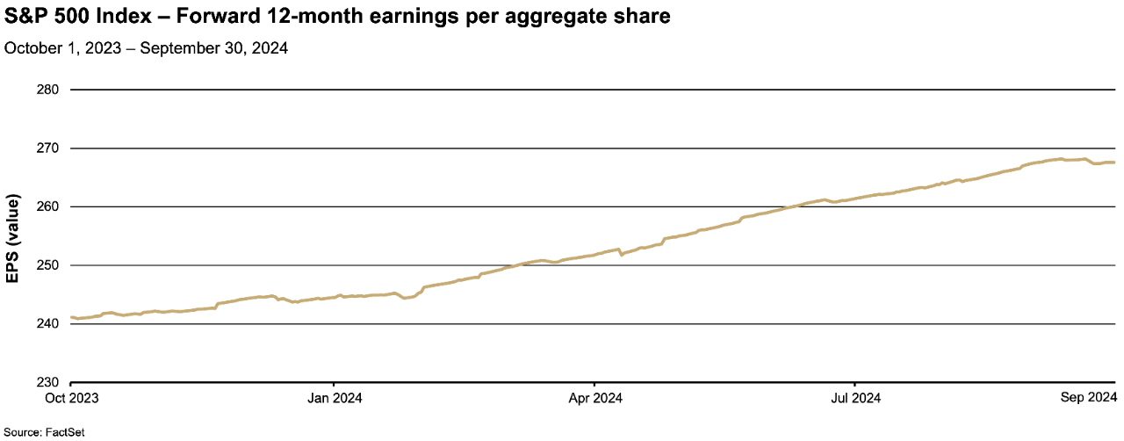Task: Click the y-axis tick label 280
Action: pos(47,90)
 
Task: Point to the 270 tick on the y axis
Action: pos(47,148)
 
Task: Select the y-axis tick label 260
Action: pos(47,206)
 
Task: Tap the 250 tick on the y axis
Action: pos(47,265)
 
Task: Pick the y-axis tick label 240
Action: pos(47,324)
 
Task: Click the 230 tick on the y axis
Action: pos(47,382)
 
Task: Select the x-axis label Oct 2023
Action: pos(72,398)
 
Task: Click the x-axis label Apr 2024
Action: pos(595,398)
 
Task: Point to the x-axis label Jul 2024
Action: pos(855,398)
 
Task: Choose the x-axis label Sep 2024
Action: pos(1088,398)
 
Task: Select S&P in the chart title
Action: pos(24,18)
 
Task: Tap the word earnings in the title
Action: pos(390,18)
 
